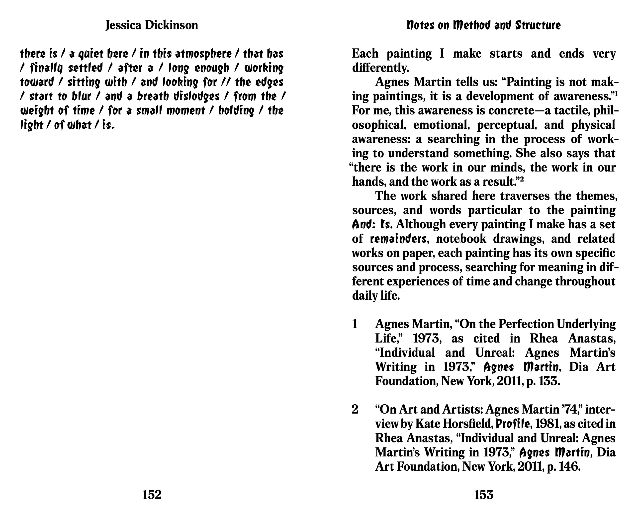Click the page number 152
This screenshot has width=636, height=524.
(x=152, y=495)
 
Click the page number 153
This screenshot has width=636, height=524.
(x=484, y=495)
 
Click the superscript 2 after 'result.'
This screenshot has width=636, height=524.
(x=521, y=179)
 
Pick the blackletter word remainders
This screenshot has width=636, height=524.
(x=398, y=239)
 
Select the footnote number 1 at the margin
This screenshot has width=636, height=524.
(x=355, y=324)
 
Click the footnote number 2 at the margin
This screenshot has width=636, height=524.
(x=355, y=410)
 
